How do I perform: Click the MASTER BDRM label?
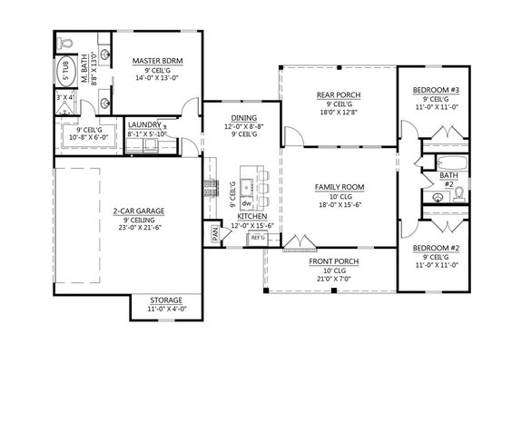(x=157, y=61)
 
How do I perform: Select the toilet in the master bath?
(x=64, y=44)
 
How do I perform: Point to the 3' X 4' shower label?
(x=64, y=97)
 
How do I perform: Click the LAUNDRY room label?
(x=144, y=124)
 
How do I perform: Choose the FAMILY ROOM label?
(x=339, y=187)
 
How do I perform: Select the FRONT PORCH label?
(x=332, y=261)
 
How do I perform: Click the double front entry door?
(x=296, y=245)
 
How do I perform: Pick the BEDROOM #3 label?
(x=438, y=89)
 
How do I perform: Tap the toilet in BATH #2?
(x=458, y=192)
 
